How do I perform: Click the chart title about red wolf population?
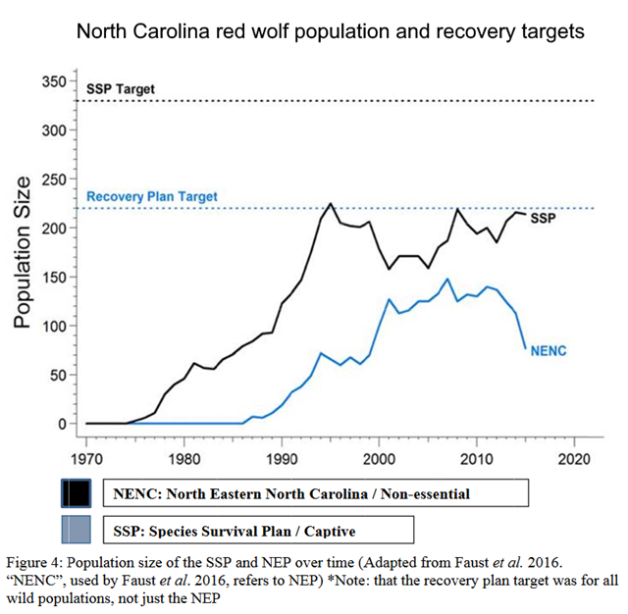point(330,31)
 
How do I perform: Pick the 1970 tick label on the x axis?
point(86,457)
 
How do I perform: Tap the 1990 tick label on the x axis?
point(282,457)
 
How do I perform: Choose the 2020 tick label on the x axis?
point(573,457)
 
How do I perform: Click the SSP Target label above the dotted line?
point(121,89)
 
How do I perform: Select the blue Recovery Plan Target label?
point(152,196)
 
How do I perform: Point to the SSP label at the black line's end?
point(543,218)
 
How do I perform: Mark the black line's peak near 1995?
point(331,204)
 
